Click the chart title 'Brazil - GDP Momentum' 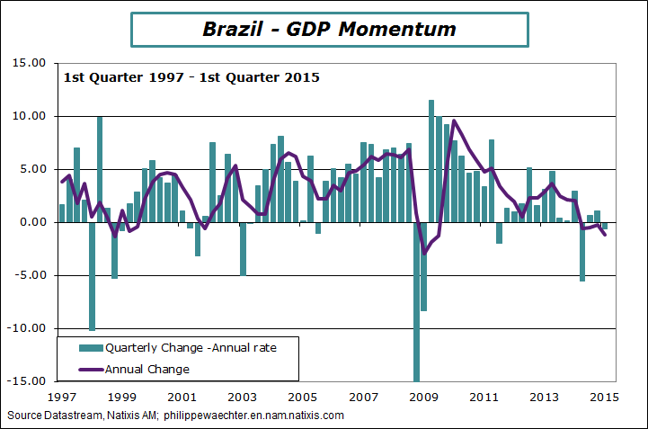coord(329,29)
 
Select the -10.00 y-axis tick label coord(26,328)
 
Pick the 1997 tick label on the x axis coord(61,396)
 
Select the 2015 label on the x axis coord(604,396)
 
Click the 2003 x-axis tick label coord(242,396)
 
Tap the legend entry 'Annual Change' coord(147,369)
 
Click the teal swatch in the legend coord(90,347)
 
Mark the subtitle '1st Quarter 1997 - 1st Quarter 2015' coord(191,76)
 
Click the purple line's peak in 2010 coord(454,121)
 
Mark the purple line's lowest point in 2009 coord(424,255)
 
